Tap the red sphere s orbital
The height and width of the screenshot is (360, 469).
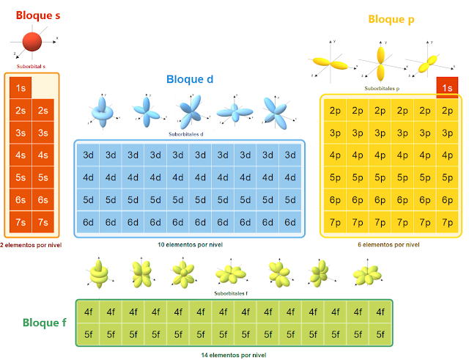coord(32,43)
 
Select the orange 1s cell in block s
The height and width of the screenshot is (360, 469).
coord(21,88)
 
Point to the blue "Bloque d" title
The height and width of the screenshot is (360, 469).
coord(190,79)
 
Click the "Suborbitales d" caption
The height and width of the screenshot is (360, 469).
coord(190,133)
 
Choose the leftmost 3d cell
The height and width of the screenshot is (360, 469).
coord(88,155)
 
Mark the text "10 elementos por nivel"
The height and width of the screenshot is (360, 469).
coord(190,244)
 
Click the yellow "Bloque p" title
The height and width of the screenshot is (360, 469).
coord(391,20)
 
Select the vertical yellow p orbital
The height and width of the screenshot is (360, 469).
coord(380,62)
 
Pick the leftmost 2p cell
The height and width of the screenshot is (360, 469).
coord(335,111)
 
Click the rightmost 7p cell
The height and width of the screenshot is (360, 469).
coord(448,222)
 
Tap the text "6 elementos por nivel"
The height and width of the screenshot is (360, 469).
coord(389,244)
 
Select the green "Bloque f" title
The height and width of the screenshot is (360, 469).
coord(45,323)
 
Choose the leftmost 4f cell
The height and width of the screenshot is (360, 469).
coord(89,312)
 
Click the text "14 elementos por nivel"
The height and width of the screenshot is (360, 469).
coord(234,355)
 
